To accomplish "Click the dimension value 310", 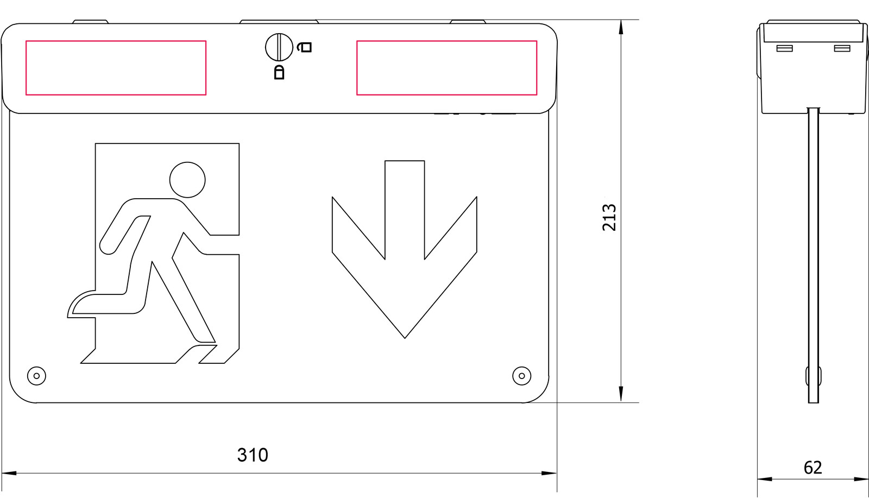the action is pos(253,455).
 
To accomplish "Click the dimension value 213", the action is pos(609,217).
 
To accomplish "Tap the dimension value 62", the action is pos(813,468).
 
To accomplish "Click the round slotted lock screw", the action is pos(279,47).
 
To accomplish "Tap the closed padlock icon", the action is pos(279,72).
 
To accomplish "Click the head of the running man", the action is pos(187,180).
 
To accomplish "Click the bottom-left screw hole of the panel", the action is pos(36,376).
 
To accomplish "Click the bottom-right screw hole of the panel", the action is pos(522,376).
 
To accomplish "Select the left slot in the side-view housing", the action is pos(784,48).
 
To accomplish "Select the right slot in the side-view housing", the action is pos(842,48).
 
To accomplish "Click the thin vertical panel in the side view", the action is pos(814,255).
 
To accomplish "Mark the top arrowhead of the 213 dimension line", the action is pos(621,27).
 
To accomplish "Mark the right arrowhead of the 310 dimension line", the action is pos(549,473).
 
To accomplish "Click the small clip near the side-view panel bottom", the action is pos(814,376).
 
